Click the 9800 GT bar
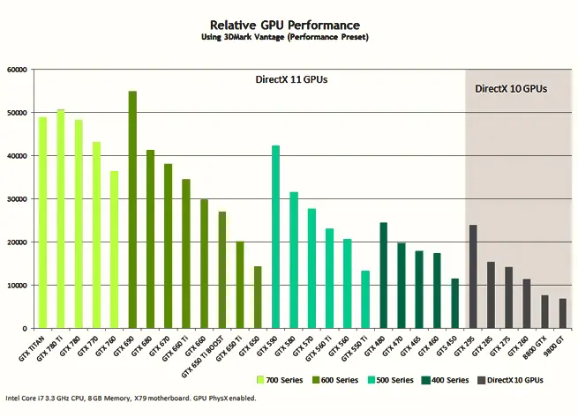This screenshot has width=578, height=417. tap(563, 313)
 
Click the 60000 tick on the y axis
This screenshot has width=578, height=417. tap(16, 70)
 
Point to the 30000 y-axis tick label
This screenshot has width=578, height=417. tap(16, 199)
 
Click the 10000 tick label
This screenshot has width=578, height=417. tap(16, 286)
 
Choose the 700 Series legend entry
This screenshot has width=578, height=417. tap(280, 380)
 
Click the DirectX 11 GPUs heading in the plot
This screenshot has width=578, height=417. tap(292, 80)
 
